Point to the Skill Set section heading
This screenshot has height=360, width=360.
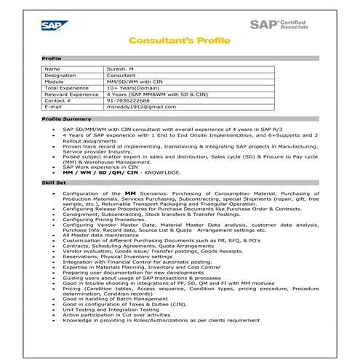pos(54,183)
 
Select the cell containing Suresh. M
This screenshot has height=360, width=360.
pos(121,68)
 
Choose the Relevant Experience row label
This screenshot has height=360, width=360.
pos(71,94)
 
